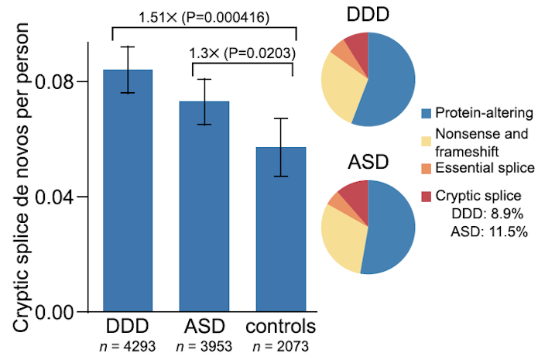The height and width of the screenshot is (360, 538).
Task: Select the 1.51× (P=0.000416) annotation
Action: [204, 16]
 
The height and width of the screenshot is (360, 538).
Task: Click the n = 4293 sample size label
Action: [129, 345]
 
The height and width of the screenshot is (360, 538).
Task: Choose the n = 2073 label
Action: [281, 345]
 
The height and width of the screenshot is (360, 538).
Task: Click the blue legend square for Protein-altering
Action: [426, 113]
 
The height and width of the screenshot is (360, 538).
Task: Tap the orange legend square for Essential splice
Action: [426, 166]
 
